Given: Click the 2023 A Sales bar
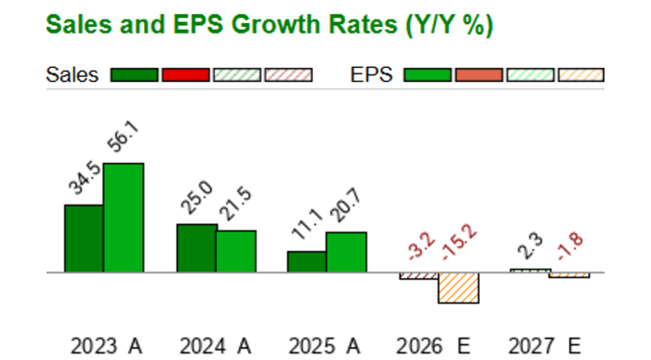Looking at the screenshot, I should click(x=84, y=239).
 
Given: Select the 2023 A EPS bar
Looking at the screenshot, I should click(x=124, y=219).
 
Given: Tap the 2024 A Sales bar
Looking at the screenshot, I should click(x=196, y=248).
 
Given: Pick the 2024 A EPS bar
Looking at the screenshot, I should click(x=236, y=252).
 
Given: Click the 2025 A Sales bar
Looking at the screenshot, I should click(x=307, y=262).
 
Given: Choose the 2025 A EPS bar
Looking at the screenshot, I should click(x=346, y=253).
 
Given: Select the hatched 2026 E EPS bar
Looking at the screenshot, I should click(x=458, y=287).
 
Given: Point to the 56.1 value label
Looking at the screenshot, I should click(x=122, y=143).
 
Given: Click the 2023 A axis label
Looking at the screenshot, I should click(x=106, y=347).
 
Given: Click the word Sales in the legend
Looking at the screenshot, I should click(x=72, y=75).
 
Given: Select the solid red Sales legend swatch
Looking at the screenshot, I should click(x=185, y=75).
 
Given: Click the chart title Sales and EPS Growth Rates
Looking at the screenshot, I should click(x=269, y=25).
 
